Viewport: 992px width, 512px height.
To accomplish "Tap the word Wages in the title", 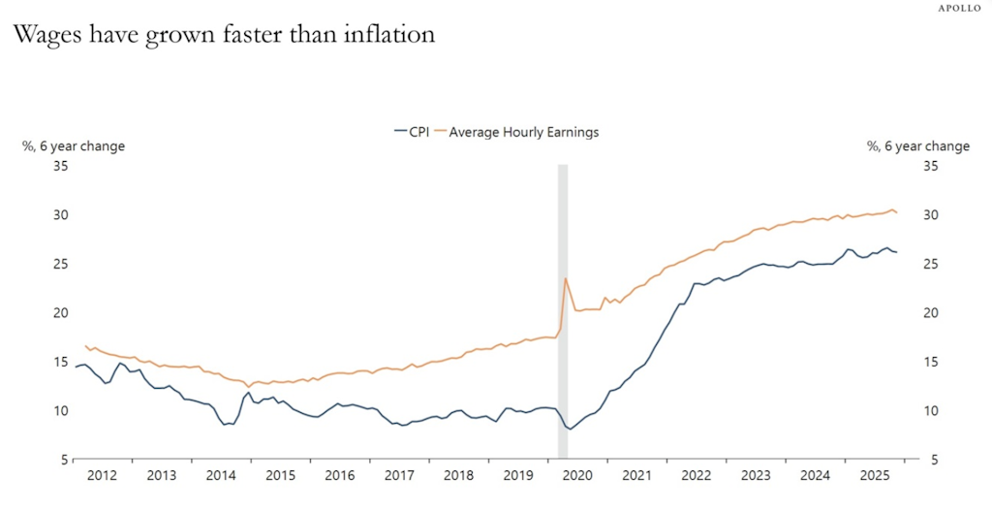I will (50, 35).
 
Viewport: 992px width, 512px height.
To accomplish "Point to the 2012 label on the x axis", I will (102, 476).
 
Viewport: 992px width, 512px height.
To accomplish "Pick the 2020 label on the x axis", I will (577, 476).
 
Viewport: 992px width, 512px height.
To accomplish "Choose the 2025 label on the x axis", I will (875, 476).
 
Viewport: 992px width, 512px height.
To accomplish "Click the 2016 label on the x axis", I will (339, 476).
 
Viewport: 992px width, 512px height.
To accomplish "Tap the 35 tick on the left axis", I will (60, 166).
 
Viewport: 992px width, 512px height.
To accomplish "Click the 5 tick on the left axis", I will (64, 459).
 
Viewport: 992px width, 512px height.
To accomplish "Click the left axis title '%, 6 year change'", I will (74, 146).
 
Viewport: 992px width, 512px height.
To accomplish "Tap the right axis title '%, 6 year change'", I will (917, 146).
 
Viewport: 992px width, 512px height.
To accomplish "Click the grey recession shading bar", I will (562, 310).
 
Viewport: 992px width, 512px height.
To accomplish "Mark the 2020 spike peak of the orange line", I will (566, 278).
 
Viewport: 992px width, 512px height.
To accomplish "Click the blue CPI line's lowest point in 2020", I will (572, 429).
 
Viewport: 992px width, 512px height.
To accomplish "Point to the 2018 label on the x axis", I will (458, 476).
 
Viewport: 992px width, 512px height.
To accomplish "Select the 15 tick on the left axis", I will (60, 361).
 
